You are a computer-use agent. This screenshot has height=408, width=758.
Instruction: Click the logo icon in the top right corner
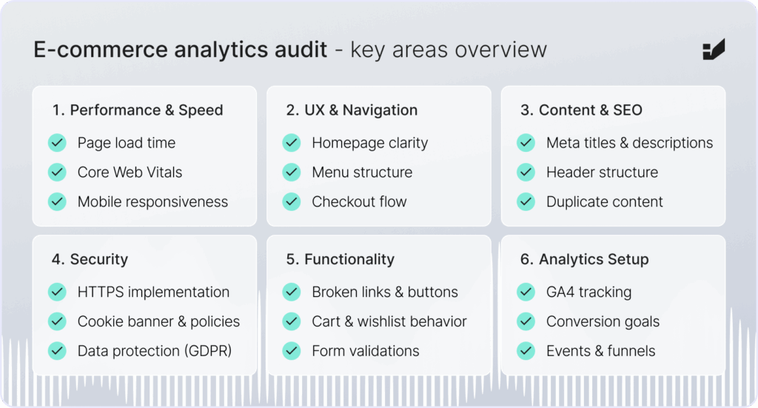tap(714, 50)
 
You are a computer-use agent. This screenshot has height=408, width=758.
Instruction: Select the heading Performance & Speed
tap(146, 110)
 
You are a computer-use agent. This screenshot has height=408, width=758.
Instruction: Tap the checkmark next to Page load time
tap(57, 143)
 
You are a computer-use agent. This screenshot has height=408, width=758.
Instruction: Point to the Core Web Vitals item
tap(130, 172)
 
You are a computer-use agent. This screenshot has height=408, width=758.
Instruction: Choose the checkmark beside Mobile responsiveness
tap(57, 201)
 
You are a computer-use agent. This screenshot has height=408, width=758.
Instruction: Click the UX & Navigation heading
tap(360, 110)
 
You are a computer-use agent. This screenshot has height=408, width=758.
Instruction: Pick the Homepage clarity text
tap(370, 143)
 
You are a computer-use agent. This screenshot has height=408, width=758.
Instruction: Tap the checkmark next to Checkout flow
tap(292, 201)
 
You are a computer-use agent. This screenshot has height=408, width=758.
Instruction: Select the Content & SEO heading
tap(590, 110)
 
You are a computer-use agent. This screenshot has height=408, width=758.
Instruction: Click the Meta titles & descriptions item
tap(629, 143)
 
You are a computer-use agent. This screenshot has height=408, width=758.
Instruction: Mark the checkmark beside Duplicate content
tap(526, 201)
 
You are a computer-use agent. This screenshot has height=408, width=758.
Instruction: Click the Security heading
tap(98, 260)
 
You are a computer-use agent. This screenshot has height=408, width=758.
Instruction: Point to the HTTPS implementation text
tap(153, 292)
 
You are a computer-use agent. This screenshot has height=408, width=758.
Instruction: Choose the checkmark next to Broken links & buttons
tap(292, 292)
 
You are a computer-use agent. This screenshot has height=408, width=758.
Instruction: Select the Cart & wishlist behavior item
tap(389, 321)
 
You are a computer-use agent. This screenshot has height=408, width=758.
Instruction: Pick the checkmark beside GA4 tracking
tap(526, 292)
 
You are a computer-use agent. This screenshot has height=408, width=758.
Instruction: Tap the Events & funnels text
tap(600, 351)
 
